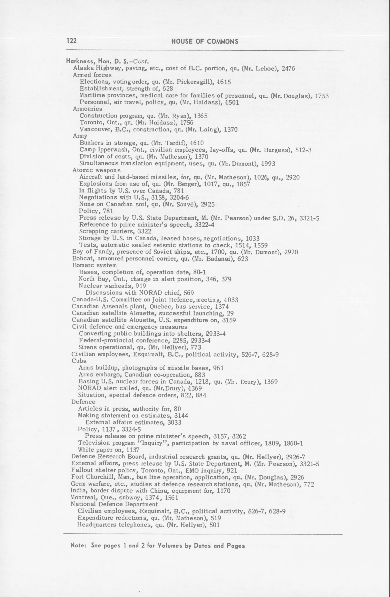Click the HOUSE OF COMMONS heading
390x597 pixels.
coord(205,42)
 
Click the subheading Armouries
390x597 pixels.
coord(87,109)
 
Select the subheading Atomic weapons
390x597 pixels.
coord(96,170)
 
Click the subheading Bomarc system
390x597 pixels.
coord(94,265)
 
